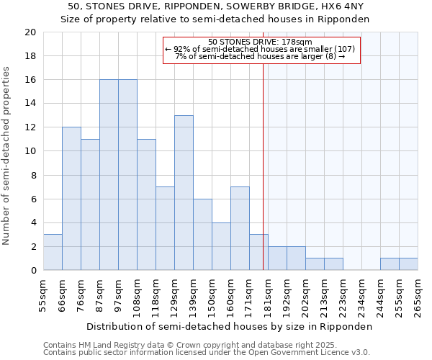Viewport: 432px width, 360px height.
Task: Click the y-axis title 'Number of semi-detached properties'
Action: pyautogui.click(x=6, y=156)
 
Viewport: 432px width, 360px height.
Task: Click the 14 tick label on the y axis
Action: pyautogui.click(x=30, y=104)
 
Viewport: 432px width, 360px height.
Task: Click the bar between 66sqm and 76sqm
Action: pyautogui.click(x=71, y=199)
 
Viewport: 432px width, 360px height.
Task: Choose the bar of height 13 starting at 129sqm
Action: pyautogui.click(x=184, y=193)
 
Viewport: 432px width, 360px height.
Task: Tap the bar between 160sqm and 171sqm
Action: pyautogui.click(x=240, y=228)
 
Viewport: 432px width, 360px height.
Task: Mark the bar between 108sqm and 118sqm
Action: pyautogui.click(x=146, y=204)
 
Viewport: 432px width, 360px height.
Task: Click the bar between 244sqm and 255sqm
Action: pyautogui.click(x=390, y=264)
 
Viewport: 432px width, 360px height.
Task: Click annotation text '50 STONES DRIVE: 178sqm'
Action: pyautogui.click(x=260, y=42)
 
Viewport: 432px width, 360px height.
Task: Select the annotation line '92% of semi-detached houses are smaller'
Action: pyautogui.click(x=260, y=49)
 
